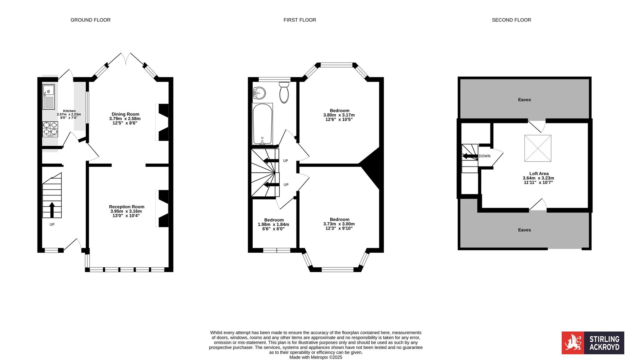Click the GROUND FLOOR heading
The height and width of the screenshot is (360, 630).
click(x=90, y=20)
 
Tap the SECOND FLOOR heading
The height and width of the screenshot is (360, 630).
click(x=511, y=20)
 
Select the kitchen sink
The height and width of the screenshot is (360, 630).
click(x=49, y=97)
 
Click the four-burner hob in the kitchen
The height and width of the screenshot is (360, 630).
click(x=50, y=129)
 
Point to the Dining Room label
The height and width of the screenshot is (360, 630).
click(x=125, y=114)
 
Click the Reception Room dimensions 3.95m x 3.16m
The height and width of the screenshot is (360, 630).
click(x=126, y=211)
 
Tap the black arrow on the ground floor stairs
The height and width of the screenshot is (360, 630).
click(x=52, y=210)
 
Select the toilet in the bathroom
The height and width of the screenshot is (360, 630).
click(x=284, y=93)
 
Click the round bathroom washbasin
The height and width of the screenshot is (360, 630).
click(x=259, y=93)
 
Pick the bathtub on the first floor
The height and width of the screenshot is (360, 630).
click(x=262, y=124)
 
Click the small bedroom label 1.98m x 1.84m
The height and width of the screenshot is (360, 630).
click(x=273, y=224)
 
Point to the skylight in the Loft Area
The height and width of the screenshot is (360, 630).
click(x=538, y=148)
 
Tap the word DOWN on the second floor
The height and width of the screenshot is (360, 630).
click(x=484, y=156)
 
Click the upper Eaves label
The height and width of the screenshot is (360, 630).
click(x=524, y=100)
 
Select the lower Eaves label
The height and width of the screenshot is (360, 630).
click(x=524, y=230)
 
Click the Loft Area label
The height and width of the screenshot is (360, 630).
click(x=539, y=173)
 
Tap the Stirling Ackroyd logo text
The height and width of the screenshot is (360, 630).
click(x=604, y=343)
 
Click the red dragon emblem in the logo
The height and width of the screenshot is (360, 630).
click(x=573, y=343)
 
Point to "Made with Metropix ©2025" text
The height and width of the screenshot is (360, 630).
click(x=316, y=357)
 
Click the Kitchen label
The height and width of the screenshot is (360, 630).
click(x=69, y=111)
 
